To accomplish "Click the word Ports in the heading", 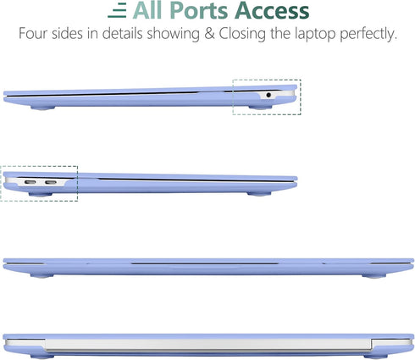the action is click(199, 11).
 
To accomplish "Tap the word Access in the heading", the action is click(272, 11).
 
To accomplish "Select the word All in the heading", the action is click(147, 10).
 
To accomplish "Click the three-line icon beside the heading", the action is click(117, 12).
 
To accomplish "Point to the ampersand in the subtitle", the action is click(209, 34).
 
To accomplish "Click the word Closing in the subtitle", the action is click(242, 34).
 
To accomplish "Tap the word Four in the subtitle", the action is click(33, 34).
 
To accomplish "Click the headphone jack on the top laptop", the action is click(268, 95).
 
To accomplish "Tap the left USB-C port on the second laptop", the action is click(30, 182).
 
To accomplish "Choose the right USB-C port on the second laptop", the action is click(51, 182).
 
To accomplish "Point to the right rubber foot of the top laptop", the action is click(260, 108).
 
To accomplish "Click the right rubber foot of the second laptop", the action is click(259, 194).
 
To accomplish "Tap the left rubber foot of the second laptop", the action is click(41, 194).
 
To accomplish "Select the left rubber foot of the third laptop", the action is click(42, 275).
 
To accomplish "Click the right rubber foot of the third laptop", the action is click(374, 275).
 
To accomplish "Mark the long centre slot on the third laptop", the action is click(205, 264).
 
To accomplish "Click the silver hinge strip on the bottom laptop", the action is click(208, 345).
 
